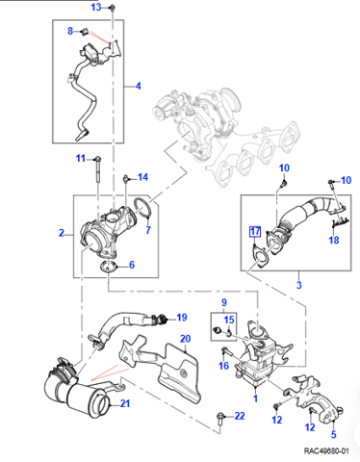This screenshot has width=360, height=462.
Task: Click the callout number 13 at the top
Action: tap(96, 7)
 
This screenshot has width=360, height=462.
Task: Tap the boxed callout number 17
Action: tap(255, 231)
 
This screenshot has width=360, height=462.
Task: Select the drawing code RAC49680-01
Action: tap(326, 451)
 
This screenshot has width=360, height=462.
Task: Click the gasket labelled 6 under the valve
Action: tap(108, 267)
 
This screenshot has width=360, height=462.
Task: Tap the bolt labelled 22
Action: tap(220, 418)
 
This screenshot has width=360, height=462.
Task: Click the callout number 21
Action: tap(125, 403)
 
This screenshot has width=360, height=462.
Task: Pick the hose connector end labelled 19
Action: tap(161, 319)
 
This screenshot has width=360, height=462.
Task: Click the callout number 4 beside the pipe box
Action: tap(138, 86)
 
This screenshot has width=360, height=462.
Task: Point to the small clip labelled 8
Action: tap(85, 32)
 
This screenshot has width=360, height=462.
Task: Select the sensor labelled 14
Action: tap(126, 179)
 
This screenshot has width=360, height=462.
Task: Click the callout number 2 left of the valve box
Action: tap(62, 233)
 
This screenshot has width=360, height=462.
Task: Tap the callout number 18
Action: tap(334, 240)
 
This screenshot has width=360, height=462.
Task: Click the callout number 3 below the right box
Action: tap(299, 285)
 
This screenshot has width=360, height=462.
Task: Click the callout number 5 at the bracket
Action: tap(334, 434)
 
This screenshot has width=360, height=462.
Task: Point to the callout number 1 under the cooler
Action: tap(255, 398)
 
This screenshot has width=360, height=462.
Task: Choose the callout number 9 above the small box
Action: tap(224, 302)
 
